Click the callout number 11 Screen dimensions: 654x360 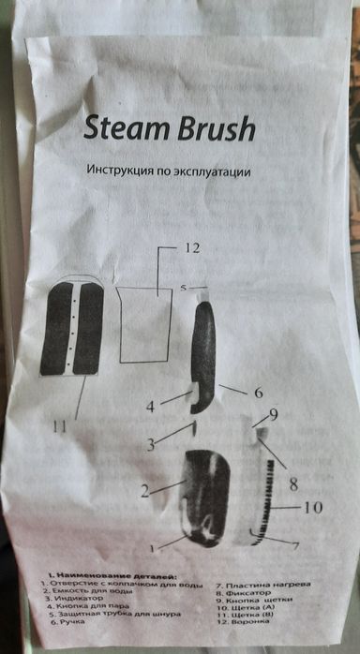(x=60, y=426)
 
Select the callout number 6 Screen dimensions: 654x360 (x=256, y=394)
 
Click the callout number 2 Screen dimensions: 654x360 (x=145, y=489)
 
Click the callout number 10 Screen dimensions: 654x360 (x=312, y=509)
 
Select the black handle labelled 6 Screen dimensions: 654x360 (x=204, y=356)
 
